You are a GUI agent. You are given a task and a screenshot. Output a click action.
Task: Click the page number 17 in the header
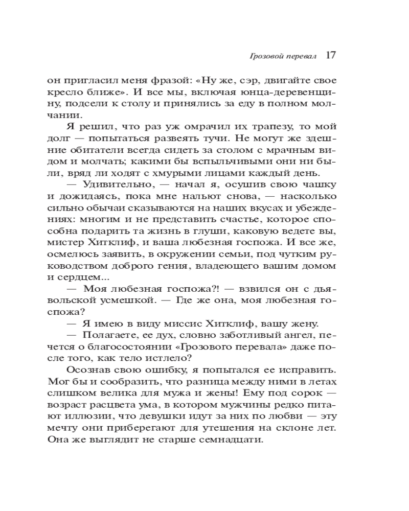click(330, 56)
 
